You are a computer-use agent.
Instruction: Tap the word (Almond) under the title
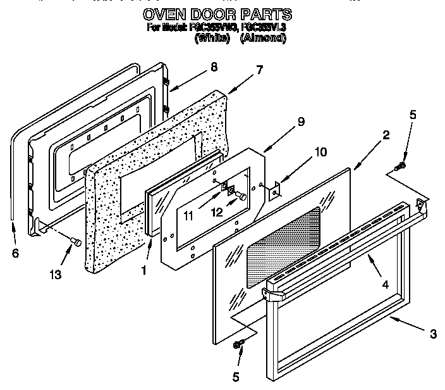[264, 38]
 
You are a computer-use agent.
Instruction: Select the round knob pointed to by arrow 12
[241, 198]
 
